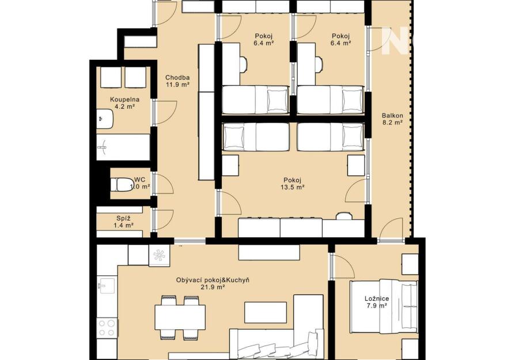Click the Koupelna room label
124,99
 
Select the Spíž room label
123,218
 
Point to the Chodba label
177,78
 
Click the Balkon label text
392,115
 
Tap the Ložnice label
377,298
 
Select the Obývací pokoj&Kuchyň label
213,280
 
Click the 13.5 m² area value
293,187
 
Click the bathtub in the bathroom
123,147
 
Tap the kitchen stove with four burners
107,328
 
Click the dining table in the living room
180,317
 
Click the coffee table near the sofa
266,313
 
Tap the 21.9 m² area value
213,287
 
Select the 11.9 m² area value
177,85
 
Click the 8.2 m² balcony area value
392,122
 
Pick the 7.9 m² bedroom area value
377,305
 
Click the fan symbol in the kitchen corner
160,255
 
